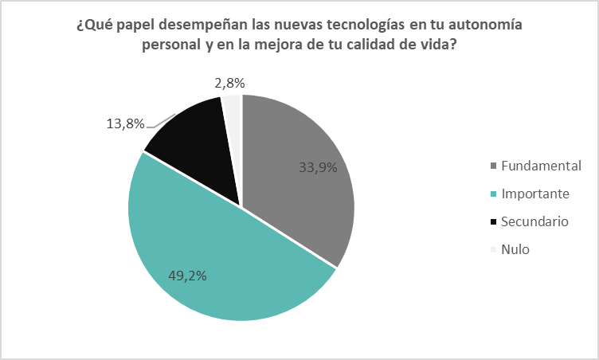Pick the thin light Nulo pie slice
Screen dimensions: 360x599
point(233,108)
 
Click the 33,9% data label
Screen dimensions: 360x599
point(317,167)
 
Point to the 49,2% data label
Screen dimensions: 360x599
point(189,276)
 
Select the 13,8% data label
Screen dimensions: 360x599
point(125,123)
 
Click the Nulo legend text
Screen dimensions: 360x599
point(515,249)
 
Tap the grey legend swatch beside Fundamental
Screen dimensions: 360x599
point(495,166)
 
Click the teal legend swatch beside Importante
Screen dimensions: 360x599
point(495,194)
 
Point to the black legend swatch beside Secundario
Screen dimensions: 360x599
point(495,222)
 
